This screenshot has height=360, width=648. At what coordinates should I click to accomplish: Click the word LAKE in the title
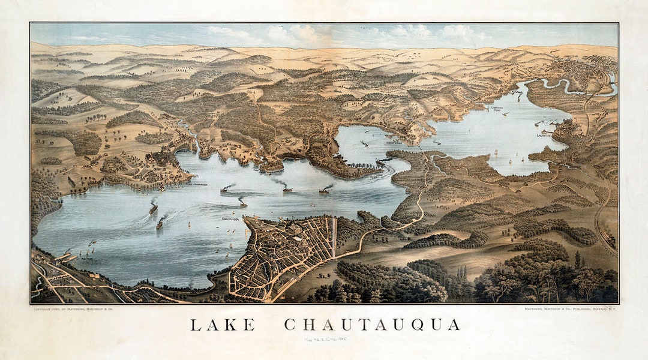[x=223, y=325]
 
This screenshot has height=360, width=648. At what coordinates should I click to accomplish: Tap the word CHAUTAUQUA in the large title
[x=372, y=325]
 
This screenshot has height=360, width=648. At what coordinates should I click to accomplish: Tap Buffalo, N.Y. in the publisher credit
[x=603, y=308]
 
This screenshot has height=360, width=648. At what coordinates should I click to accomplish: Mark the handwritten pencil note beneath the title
[x=327, y=340]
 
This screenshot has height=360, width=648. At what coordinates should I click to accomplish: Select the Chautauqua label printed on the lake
[x=230, y=219]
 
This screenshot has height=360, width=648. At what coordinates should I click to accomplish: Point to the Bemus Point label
[x=394, y=142]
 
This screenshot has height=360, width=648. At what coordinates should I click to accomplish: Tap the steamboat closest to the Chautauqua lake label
[x=242, y=202]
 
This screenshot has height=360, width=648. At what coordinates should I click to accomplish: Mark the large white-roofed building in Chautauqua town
[x=296, y=229]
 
